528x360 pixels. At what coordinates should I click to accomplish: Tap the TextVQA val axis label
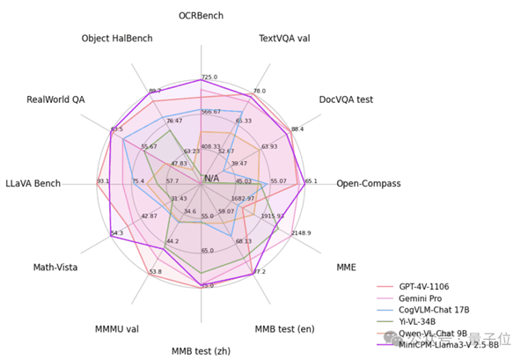click(x=284, y=39)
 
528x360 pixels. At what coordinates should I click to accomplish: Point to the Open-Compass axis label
click(x=368, y=184)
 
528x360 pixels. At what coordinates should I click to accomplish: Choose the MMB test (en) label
click(x=284, y=329)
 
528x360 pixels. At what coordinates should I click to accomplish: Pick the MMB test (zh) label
click(x=201, y=350)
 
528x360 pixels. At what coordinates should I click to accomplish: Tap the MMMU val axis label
click(x=117, y=329)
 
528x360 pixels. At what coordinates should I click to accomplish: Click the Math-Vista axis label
click(x=56, y=267)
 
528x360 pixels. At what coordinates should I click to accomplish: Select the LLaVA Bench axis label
click(x=33, y=183)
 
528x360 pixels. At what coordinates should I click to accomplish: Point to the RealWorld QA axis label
click(x=55, y=99)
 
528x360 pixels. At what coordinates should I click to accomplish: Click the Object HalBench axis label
click(x=117, y=39)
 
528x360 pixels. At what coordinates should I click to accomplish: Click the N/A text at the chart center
click(x=212, y=179)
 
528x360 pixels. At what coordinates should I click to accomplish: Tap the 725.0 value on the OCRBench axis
click(x=209, y=77)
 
